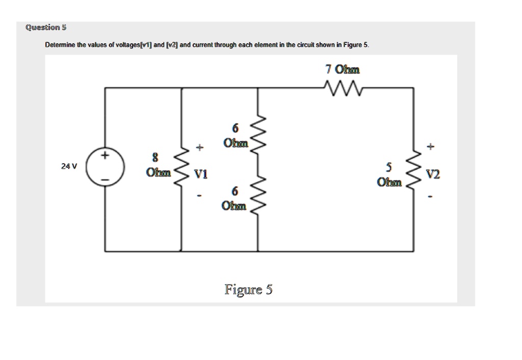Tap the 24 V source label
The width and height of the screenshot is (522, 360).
pyautogui.click(x=68, y=166)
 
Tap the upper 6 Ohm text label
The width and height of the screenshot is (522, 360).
pyautogui.click(x=235, y=135)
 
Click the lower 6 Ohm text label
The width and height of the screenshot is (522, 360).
pyautogui.click(x=234, y=199)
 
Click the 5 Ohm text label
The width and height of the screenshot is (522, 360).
pyautogui.click(x=389, y=174)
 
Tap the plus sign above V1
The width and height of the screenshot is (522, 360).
pyautogui.click(x=200, y=148)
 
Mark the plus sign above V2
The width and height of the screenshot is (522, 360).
pyautogui.click(x=432, y=147)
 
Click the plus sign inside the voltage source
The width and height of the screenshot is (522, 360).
pyautogui.click(x=106, y=155)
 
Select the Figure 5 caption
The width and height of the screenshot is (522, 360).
pyautogui.click(x=249, y=290)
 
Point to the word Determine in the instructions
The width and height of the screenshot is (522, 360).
pyautogui.click(x=59, y=45)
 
